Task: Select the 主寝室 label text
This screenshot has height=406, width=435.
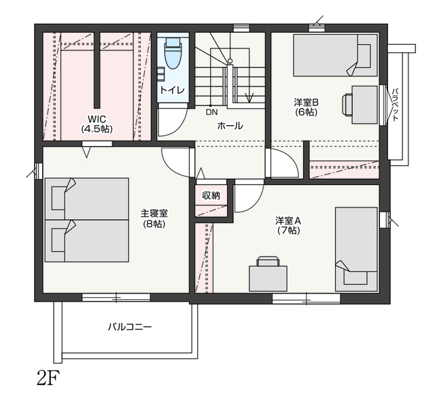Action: [x=154, y=214]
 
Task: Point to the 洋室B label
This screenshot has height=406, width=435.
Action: [x=307, y=103]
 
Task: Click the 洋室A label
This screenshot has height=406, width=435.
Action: [x=288, y=221]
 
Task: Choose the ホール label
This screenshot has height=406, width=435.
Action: [x=230, y=126]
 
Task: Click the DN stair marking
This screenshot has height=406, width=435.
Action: [x=211, y=112]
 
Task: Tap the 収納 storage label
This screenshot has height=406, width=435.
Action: [x=211, y=196]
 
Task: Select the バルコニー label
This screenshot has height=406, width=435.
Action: [x=130, y=326]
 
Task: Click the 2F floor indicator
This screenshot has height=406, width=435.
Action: [x=48, y=378]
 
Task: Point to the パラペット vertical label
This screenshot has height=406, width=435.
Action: [x=396, y=104]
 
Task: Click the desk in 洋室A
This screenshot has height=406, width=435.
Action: [x=268, y=278]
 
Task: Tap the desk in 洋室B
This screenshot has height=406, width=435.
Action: [x=364, y=105]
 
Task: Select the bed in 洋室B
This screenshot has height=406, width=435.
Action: [x=335, y=55]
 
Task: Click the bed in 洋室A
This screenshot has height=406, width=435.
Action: [x=356, y=249]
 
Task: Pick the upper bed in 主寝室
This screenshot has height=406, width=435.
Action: [x=87, y=199]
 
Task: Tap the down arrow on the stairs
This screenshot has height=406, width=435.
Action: [x=249, y=98]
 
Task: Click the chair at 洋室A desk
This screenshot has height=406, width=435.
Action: [x=268, y=261]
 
